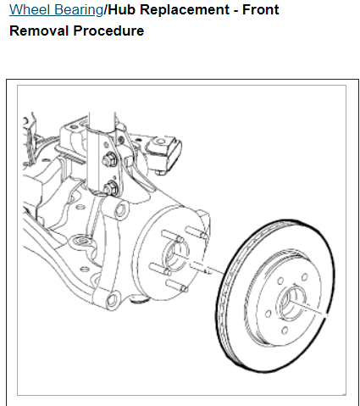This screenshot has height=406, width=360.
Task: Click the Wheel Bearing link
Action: (x=57, y=10)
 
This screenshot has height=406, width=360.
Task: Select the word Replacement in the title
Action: (x=185, y=10)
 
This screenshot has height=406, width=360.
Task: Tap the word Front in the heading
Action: (x=261, y=10)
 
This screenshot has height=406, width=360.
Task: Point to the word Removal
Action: (x=39, y=31)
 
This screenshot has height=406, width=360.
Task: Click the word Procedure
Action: (x=108, y=31)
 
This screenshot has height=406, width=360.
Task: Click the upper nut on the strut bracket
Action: (x=110, y=160)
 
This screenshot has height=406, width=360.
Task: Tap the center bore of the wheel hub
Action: (x=175, y=254)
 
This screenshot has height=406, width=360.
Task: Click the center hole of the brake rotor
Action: (x=292, y=303)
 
